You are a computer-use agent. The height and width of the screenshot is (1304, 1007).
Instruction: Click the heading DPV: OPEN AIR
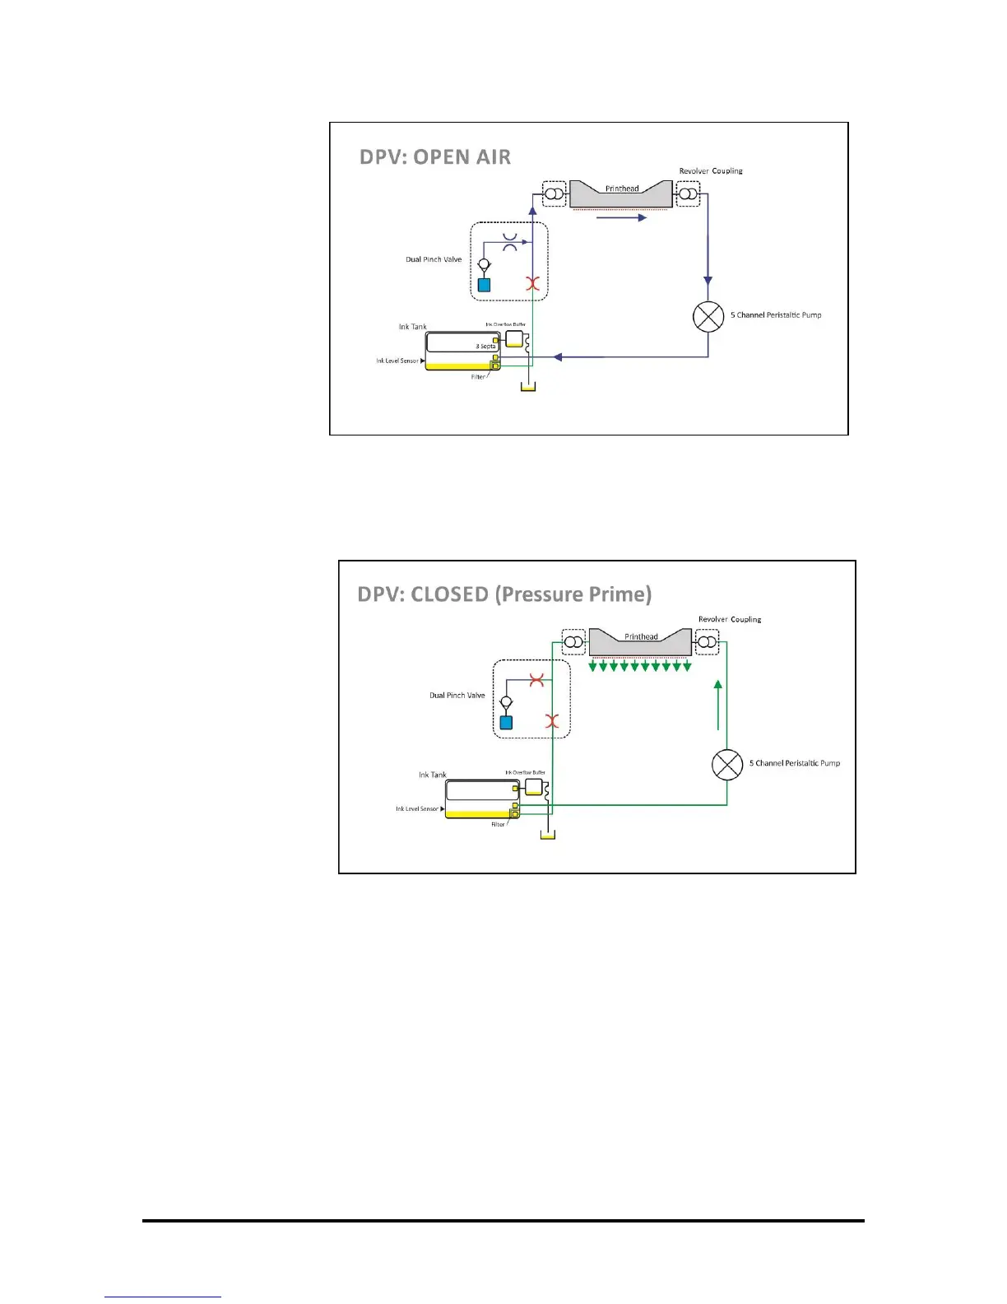(x=435, y=156)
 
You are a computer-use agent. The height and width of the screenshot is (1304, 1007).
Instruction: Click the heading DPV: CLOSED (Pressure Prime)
(x=504, y=594)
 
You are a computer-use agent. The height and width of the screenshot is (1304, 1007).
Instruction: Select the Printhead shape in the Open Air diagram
(x=621, y=194)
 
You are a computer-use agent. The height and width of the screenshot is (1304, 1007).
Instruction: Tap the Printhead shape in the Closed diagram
(x=640, y=642)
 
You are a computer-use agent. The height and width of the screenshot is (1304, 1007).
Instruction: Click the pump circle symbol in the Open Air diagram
(x=708, y=316)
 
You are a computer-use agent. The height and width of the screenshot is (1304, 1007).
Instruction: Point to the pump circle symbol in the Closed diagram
(x=727, y=765)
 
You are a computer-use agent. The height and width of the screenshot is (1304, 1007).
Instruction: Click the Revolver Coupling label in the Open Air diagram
(x=711, y=171)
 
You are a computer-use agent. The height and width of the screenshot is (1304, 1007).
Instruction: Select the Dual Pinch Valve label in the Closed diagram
(x=457, y=696)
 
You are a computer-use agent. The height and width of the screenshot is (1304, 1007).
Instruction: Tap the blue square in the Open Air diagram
(x=484, y=285)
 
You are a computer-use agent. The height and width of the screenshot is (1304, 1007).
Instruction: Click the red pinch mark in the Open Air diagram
(x=533, y=284)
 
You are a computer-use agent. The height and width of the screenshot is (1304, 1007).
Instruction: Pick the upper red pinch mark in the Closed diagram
(x=537, y=681)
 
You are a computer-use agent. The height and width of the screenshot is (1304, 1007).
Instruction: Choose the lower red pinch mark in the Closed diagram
(x=553, y=721)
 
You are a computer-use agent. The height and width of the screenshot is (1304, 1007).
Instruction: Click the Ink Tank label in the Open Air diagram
(x=413, y=327)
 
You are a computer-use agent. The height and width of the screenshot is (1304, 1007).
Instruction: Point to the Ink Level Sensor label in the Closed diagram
(x=417, y=809)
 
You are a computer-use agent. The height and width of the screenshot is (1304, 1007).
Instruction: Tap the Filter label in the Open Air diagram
(x=478, y=377)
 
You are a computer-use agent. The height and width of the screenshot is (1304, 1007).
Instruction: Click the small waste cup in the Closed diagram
(x=547, y=835)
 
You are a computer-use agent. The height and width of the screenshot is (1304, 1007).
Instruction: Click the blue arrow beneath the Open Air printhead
(x=621, y=218)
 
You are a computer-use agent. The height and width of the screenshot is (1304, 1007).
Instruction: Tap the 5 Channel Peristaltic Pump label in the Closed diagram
(x=795, y=763)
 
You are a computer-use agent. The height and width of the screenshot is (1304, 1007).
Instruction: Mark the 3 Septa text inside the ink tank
(x=485, y=347)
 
